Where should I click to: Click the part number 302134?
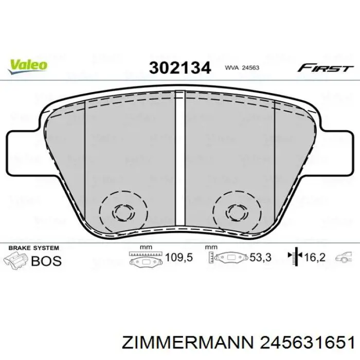180,67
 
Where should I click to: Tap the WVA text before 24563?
232,67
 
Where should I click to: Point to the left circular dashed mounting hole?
123,211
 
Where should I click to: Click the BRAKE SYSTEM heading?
31,248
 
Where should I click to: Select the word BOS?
46,260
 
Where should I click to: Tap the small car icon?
343,257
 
